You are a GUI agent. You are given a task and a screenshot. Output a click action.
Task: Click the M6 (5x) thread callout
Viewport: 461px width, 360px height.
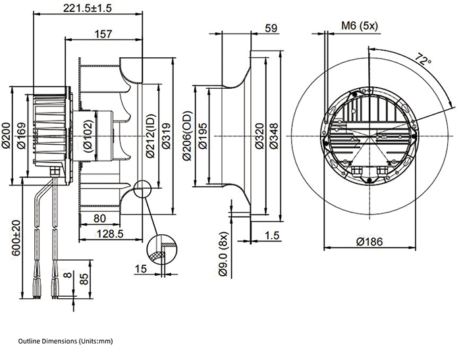pyautogui.click(x=359, y=27)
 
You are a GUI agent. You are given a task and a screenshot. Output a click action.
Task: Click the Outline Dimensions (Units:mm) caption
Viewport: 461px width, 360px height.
pyautogui.click(x=66, y=342)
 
